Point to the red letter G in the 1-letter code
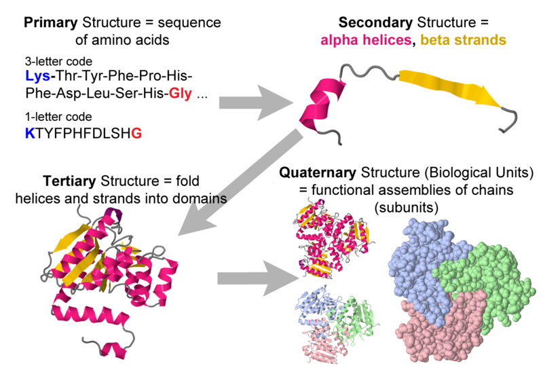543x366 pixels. pos(136,134)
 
